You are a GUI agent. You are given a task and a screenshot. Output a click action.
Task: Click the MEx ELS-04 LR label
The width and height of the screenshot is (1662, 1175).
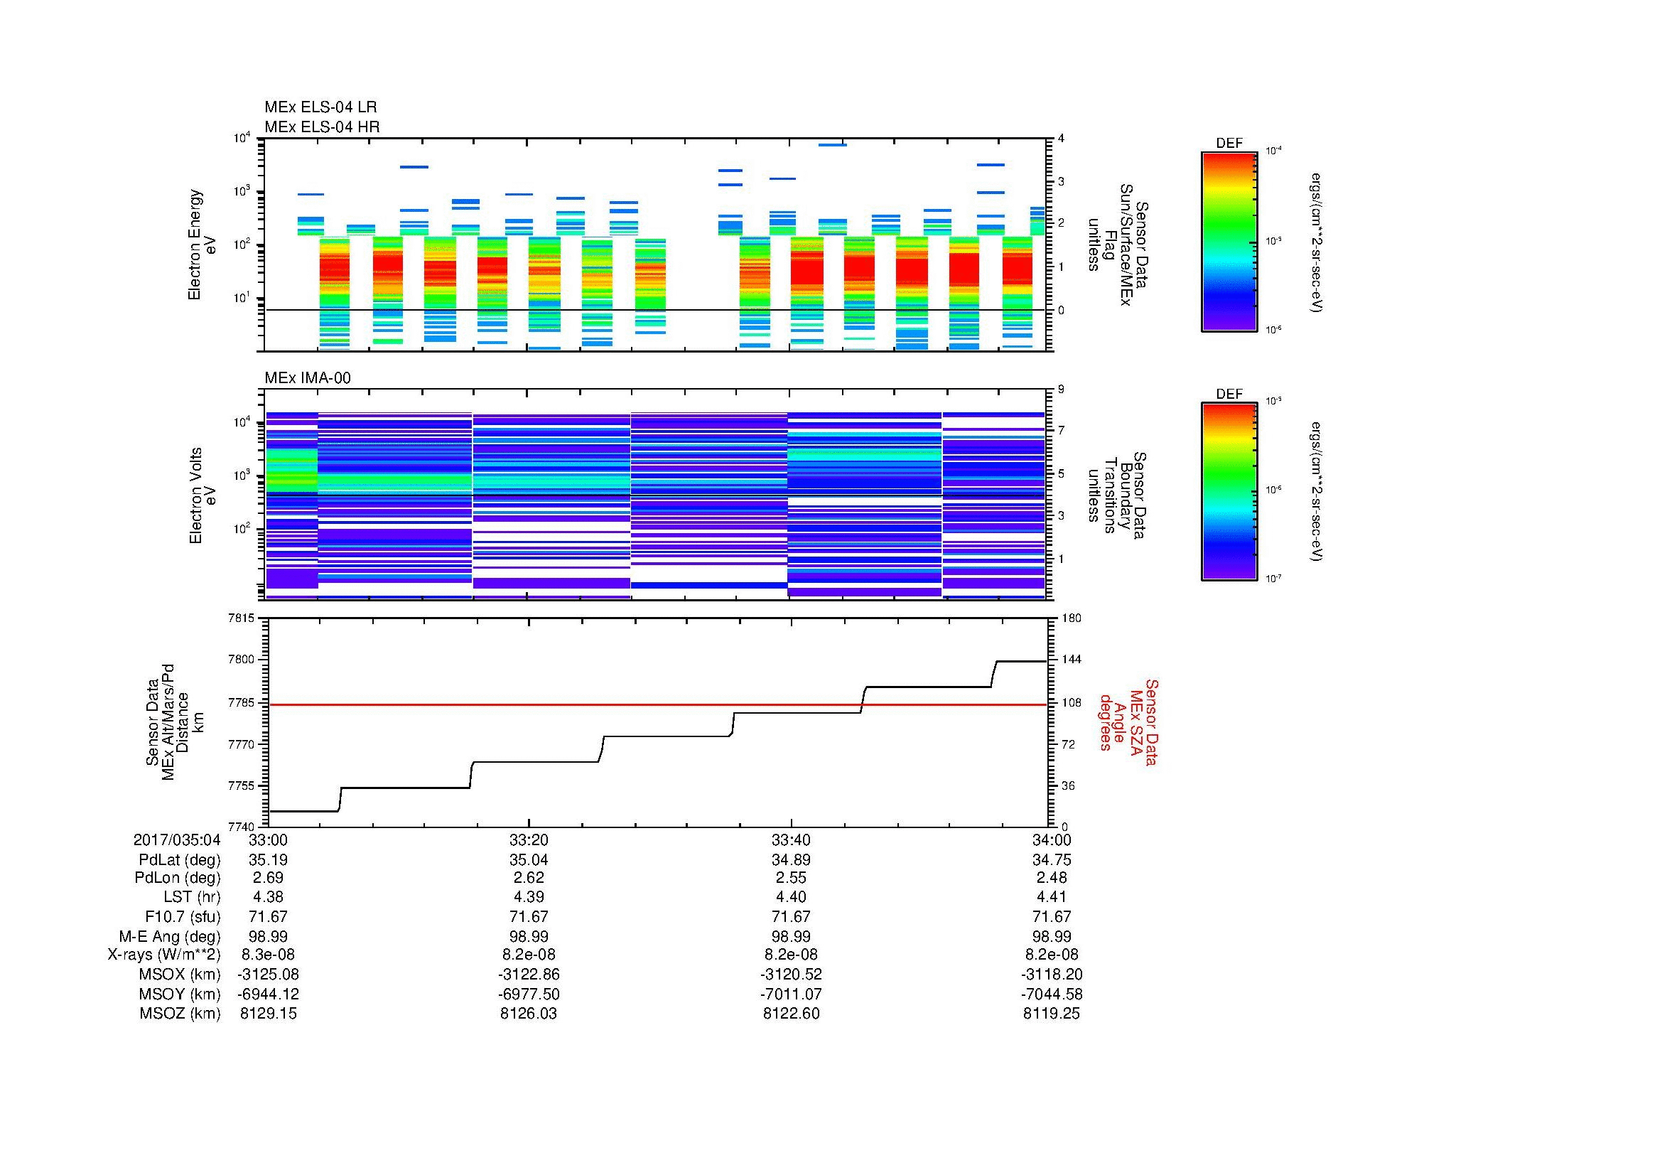[320, 107]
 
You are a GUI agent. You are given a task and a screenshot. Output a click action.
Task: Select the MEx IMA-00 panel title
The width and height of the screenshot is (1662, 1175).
[307, 378]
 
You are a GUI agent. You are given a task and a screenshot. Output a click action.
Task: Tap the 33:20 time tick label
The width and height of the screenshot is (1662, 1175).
[529, 840]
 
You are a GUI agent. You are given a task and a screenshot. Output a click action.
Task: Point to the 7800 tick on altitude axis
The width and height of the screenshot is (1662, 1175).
[240, 660]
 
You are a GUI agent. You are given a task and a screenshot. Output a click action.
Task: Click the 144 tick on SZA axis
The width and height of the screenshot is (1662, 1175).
[1071, 660]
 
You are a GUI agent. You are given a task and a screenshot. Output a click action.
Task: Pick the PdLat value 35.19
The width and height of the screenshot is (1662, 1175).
[268, 860]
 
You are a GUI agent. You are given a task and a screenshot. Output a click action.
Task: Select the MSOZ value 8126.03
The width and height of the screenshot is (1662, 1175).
[529, 1014]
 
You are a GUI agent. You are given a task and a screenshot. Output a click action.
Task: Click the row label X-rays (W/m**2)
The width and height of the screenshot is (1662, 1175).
[163, 955]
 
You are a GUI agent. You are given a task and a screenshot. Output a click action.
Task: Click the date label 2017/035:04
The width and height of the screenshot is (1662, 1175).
[177, 840]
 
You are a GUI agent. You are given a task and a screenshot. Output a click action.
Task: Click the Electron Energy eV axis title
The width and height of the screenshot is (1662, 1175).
[203, 245]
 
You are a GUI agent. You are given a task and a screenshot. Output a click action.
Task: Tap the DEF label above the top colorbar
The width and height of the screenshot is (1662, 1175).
[1229, 144]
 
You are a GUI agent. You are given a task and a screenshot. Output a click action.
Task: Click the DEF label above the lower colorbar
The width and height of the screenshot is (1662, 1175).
[1229, 395]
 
